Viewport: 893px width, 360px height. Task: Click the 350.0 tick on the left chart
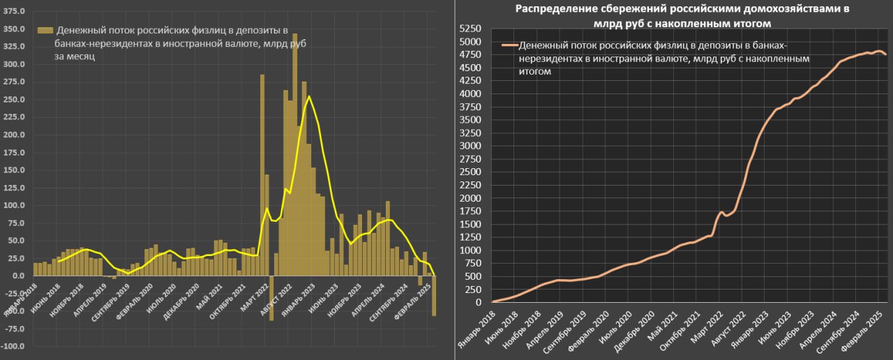click(15, 29)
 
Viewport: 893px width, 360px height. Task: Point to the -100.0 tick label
click(15, 347)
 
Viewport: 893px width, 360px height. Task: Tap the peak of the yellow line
click(309, 97)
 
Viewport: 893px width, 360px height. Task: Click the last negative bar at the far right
click(433, 296)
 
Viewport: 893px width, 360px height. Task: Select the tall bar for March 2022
click(262, 174)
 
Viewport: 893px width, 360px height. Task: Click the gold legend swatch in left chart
click(45, 31)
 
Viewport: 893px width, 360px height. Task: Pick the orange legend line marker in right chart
click(509, 46)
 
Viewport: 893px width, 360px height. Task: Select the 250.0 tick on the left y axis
click(15, 100)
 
